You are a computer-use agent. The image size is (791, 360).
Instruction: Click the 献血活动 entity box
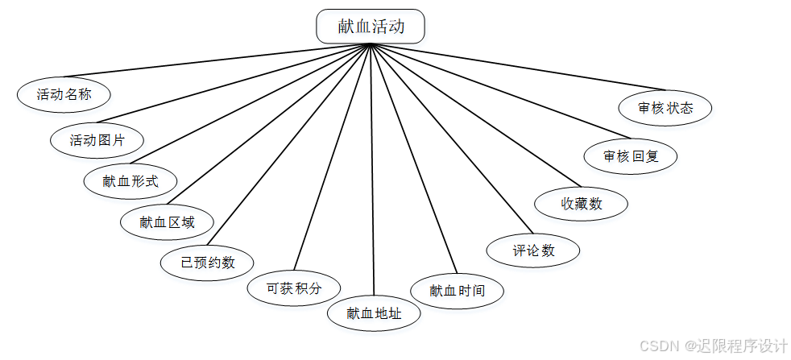(370, 27)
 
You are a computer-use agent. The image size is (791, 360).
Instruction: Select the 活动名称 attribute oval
(64, 94)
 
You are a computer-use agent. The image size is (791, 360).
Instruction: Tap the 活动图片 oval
(97, 140)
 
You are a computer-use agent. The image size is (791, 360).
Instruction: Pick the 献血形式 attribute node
(130, 181)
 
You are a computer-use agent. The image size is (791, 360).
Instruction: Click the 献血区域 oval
(167, 222)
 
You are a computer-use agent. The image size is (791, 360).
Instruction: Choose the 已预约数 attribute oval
(207, 263)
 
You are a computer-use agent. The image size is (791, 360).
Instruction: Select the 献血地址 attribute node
(374, 313)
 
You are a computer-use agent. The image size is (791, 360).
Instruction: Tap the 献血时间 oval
(457, 290)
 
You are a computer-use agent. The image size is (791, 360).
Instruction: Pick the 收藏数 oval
(581, 204)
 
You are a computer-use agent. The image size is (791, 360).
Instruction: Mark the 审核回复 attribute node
(631, 156)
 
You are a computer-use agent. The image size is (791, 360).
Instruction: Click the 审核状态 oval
(665, 108)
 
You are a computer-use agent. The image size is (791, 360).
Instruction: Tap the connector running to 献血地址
(372, 169)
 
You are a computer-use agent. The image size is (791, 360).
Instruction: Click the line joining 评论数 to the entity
(451, 139)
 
